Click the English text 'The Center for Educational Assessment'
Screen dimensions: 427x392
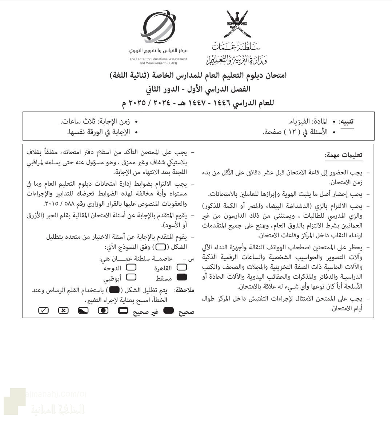158,59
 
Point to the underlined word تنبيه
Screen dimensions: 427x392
347,122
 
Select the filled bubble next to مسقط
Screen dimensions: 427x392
181,278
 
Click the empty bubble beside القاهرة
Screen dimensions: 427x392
181,268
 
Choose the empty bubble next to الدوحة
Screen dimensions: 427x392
131,268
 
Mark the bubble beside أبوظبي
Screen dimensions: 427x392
131,278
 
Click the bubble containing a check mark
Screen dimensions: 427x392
43,311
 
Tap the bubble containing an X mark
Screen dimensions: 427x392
63,311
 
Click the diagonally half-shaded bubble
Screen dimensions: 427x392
83,311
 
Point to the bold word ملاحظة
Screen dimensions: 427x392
184,290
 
